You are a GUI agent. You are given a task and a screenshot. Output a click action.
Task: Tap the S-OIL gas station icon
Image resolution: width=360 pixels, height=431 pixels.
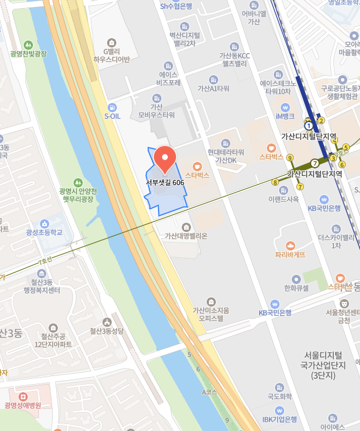(112, 106)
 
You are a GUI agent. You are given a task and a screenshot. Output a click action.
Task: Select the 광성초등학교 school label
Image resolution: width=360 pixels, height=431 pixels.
(44, 233)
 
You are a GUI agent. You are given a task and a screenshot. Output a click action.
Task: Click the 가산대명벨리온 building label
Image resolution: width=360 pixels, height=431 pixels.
(186, 235)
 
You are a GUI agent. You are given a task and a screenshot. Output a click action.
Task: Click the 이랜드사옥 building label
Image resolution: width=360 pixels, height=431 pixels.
(284, 199)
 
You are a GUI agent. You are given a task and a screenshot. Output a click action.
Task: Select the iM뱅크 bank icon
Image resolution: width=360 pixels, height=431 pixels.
(285, 107)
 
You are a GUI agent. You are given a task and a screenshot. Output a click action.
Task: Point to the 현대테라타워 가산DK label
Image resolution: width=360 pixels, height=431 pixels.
(226, 156)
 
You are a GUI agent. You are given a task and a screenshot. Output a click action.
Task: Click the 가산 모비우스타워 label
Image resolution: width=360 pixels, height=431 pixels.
(155, 110)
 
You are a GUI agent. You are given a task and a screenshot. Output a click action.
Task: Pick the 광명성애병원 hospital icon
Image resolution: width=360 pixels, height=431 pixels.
(23, 397)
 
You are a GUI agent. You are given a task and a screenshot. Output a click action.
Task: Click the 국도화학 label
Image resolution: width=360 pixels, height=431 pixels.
(278, 397)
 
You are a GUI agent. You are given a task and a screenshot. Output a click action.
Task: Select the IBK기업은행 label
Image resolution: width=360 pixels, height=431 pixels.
(280, 419)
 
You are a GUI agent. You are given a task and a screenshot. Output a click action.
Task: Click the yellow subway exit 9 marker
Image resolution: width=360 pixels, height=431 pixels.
(289, 158)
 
